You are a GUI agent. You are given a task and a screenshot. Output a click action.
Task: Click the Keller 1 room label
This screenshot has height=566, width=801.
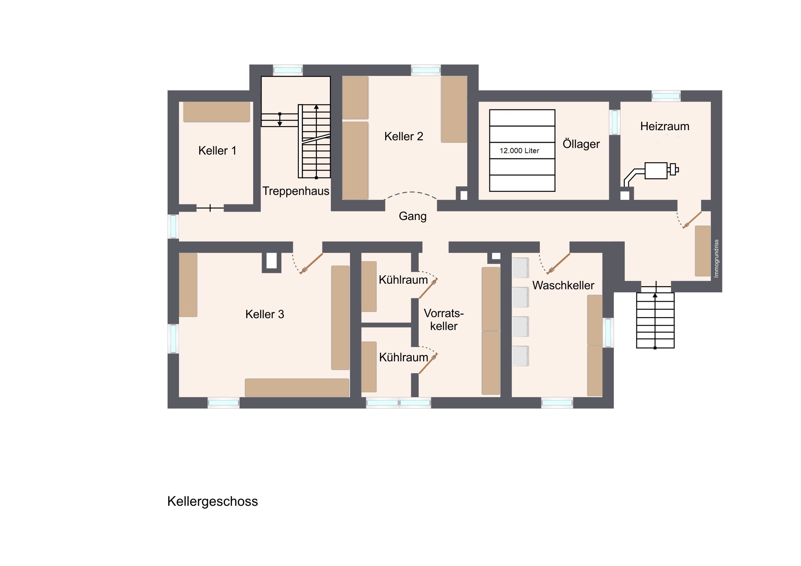pos(217,151)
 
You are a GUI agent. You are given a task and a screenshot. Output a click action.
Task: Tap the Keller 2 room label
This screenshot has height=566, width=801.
pos(404,136)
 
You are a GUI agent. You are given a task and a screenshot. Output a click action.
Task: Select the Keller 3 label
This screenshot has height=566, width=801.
pos(265,314)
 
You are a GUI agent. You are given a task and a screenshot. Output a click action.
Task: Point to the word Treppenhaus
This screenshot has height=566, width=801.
pos(296,191)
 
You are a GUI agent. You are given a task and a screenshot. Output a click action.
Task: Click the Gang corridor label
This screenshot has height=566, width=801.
pos(413,217)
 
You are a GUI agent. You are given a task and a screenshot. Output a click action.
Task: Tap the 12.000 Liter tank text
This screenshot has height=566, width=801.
pos(520,151)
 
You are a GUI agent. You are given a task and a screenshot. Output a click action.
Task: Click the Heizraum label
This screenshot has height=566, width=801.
pos(664,126)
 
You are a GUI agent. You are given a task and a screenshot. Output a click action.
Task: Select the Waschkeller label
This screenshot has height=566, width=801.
pos(563,285)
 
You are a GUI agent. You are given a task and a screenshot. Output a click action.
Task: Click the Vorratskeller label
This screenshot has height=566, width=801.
pos(444,320)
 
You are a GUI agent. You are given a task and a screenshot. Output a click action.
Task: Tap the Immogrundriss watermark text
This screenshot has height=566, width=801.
pos(716,258)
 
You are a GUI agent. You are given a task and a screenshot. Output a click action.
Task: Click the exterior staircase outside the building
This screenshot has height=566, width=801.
pos(655,320)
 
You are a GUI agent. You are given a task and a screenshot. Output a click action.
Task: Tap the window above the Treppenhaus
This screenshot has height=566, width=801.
pos(287,70)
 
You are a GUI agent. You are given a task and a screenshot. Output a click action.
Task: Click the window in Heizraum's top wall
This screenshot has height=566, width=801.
pos(666,96)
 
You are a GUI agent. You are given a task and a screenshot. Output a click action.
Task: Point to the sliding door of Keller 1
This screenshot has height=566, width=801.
pos(210,208)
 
